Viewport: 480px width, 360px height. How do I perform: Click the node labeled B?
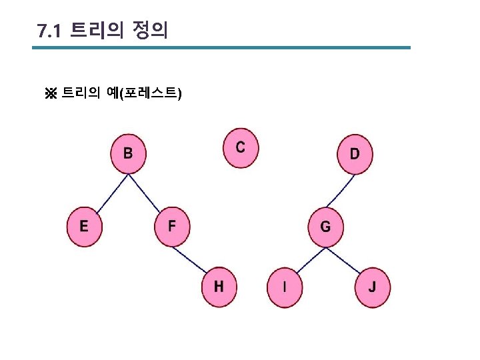(x=128, y=153)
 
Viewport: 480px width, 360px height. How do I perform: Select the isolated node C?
(x=240, y=147)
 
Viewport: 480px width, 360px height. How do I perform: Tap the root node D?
(x=355, y=154)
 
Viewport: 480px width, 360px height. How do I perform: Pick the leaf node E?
(x=84, y=225)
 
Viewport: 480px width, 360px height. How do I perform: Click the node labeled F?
(x=172, y=225)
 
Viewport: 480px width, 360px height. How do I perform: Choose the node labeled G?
(x=325, y=227)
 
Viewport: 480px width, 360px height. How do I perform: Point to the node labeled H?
(x=219, y=287)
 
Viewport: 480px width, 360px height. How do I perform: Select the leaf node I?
(x=285, y=287)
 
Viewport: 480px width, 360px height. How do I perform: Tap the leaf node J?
(x=372, y=287)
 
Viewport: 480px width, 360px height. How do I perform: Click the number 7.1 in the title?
(x=49, y=31)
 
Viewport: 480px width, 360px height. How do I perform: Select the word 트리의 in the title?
(x=96, y=31)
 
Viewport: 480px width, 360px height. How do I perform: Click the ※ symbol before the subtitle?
(x=51, y=93)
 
